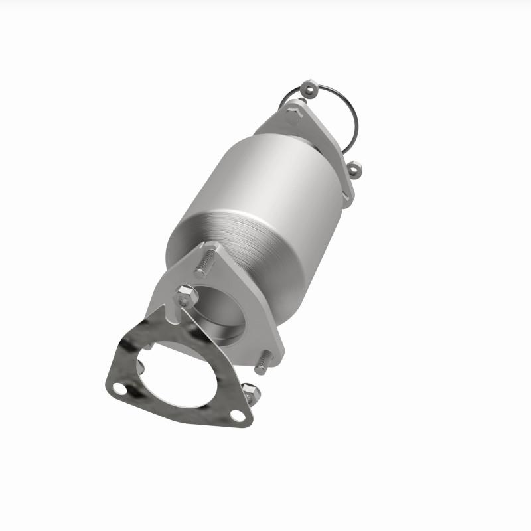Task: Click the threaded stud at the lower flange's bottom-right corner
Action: [264, 362]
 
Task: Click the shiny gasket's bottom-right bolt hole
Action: [235, 416]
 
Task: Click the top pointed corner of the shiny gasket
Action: [159, 312]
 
